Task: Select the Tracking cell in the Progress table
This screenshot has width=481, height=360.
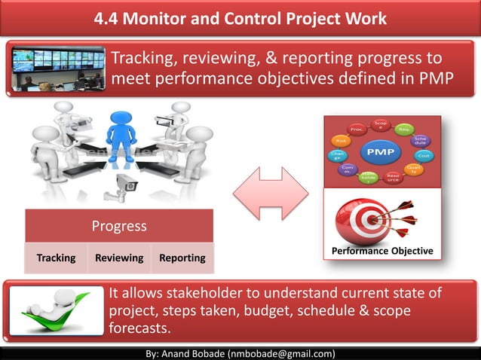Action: [57, 258]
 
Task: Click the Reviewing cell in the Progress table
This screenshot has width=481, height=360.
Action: [119, 258]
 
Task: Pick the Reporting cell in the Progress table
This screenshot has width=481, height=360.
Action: [182, 258]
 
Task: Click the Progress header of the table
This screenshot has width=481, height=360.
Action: [119, 226]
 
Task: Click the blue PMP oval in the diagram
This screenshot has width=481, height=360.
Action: [380, 152]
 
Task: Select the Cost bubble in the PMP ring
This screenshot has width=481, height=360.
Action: [424, 155]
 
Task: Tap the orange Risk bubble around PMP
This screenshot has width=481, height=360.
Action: [341, 140]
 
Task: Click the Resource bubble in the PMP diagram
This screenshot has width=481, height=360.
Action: [393, 178]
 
